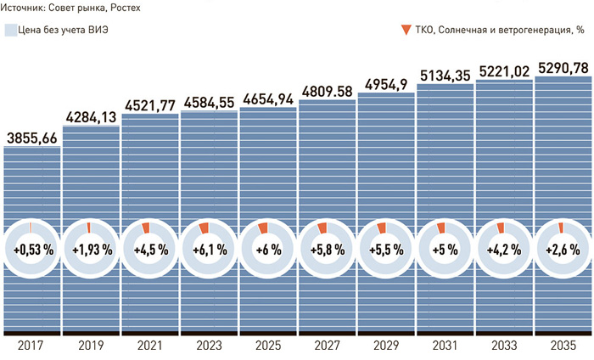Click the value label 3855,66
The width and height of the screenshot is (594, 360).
32,137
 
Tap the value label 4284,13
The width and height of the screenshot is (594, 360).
91,116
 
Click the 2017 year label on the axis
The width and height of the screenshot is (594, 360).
32,346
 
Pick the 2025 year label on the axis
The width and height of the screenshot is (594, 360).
268,346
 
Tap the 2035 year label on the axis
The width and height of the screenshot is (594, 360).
563,346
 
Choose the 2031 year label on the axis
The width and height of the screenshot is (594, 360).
445,346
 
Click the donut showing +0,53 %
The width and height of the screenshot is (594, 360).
32,250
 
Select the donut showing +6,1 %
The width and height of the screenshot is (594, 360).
209,250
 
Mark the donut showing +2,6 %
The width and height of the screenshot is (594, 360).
563,250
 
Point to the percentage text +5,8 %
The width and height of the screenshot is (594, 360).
327,250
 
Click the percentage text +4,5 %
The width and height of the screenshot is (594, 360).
150,250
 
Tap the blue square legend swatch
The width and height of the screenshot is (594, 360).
9,31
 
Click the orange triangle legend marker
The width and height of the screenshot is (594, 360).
406,31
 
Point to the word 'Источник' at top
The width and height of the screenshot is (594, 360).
25,8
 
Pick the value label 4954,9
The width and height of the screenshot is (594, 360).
386,82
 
